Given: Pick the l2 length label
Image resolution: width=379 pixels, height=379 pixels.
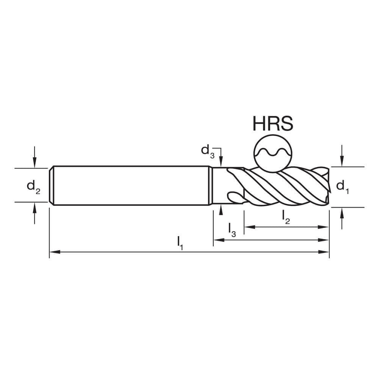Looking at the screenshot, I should pyautogui.click(x=286, y=217).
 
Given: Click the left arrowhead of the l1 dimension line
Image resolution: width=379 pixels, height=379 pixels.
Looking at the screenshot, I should pyautogui.click(x=53, y=252).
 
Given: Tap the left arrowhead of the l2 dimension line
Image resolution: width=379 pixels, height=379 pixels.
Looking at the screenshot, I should pyautogui.click(x=247, y=227).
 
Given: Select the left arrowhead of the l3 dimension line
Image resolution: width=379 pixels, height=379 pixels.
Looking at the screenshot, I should pyautogui.click(x=217, y=240).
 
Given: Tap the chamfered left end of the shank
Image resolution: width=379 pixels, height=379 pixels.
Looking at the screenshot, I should pyautogui.click(x=52, y=186).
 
